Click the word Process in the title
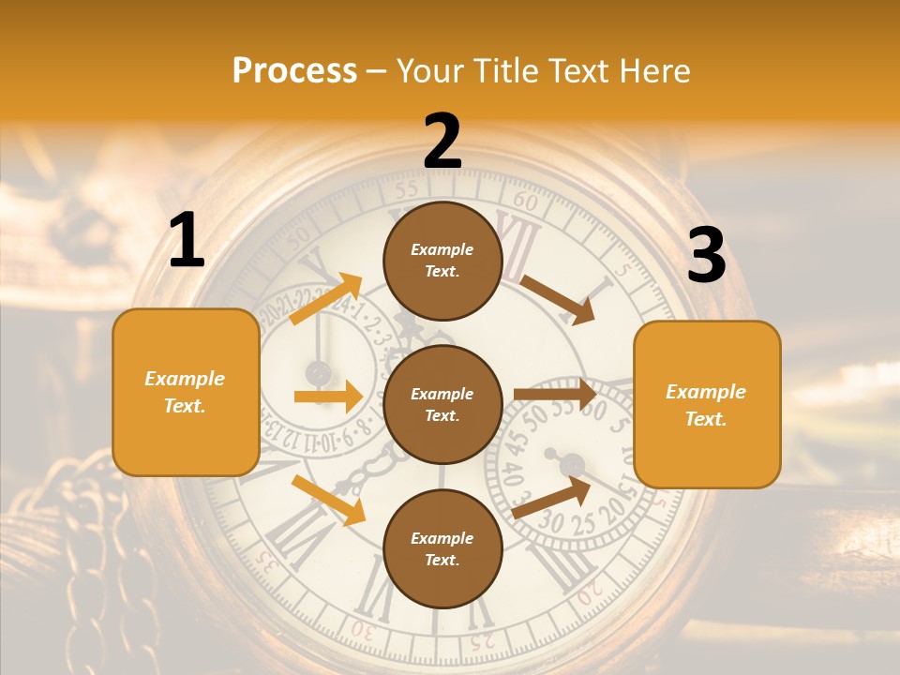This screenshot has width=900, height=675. pos(294,70)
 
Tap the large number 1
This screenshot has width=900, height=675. pos(187,241)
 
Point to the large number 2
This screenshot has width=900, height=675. pos(442,142)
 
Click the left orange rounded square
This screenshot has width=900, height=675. pos(186,392)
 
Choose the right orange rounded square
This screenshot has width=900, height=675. pos(707,404)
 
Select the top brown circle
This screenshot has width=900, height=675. pos(442,261)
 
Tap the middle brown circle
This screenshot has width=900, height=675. pos(442,405)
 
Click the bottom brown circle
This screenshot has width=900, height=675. pos(442,549)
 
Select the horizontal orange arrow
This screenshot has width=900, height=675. pos(328,397)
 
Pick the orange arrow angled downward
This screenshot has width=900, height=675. pos(328,500)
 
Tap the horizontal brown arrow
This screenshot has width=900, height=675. pos(555,395)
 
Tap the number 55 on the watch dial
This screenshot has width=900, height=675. pos(406,190)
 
